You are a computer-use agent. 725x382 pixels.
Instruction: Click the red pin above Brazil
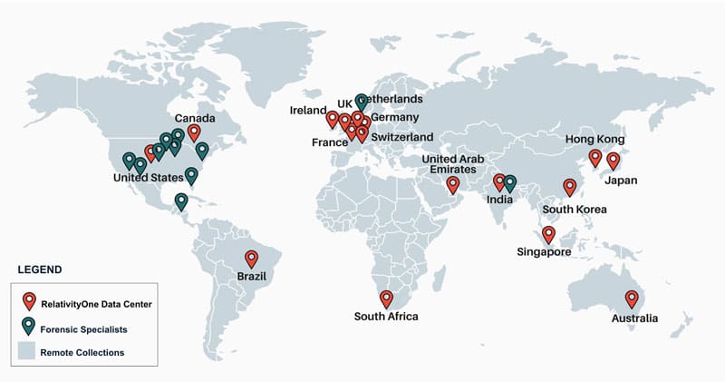(251, 258)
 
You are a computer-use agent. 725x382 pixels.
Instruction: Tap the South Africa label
(387, 317)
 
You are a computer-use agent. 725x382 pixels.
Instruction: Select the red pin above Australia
(632, 299)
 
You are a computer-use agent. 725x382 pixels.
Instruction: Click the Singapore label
(543, 252)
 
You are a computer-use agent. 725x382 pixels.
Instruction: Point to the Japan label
(621, 180)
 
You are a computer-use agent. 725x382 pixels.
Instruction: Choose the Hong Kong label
(594, 139)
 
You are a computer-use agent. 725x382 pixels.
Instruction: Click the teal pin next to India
(510, 182)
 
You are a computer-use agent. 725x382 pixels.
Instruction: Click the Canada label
(195, 119)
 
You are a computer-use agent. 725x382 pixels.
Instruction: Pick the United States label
(149, 178)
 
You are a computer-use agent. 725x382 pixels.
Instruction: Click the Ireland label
(308, 111)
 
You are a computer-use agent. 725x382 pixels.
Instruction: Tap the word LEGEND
(39, 269)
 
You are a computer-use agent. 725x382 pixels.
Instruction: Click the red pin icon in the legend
(30, 300)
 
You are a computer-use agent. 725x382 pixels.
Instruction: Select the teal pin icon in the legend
(30, 326)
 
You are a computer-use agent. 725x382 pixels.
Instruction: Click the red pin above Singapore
(549, 234)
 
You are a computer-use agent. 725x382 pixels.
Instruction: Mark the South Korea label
(575, 210)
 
